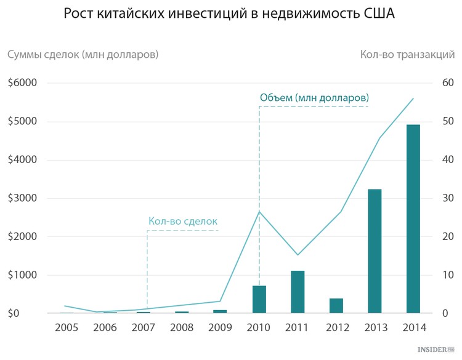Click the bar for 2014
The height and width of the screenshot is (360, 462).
click(413, 219)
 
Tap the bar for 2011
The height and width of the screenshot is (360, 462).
click(298, 292)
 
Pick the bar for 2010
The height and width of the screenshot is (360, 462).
click(259, 299)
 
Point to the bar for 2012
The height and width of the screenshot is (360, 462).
click(336, 306)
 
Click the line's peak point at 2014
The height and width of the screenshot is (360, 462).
click(413, 98)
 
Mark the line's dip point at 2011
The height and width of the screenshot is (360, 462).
click(298, 255)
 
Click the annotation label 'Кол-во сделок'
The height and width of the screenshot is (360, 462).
click(183, 221)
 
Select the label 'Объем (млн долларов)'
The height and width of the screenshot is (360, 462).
click(314, 98)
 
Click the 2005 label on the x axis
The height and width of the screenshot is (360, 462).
click(67, 327)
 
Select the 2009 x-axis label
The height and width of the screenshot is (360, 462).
click(220, 327)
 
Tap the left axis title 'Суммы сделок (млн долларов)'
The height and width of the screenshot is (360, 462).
click(83, 55)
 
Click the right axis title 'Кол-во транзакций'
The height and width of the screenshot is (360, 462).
click(407, 55)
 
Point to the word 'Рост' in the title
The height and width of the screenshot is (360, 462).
click(82, 14)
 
